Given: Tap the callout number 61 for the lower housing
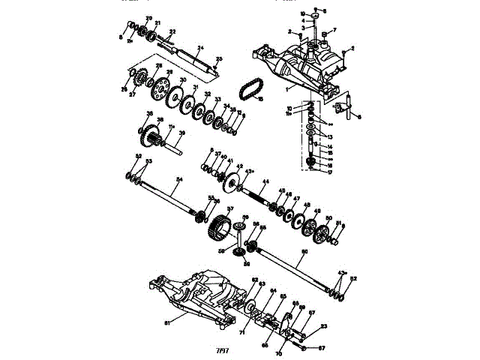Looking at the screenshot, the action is point(167,322).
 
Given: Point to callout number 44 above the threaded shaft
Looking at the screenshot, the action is point(265,181).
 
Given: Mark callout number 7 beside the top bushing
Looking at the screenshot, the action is point(334,31).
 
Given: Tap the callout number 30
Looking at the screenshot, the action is point(182,80).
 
